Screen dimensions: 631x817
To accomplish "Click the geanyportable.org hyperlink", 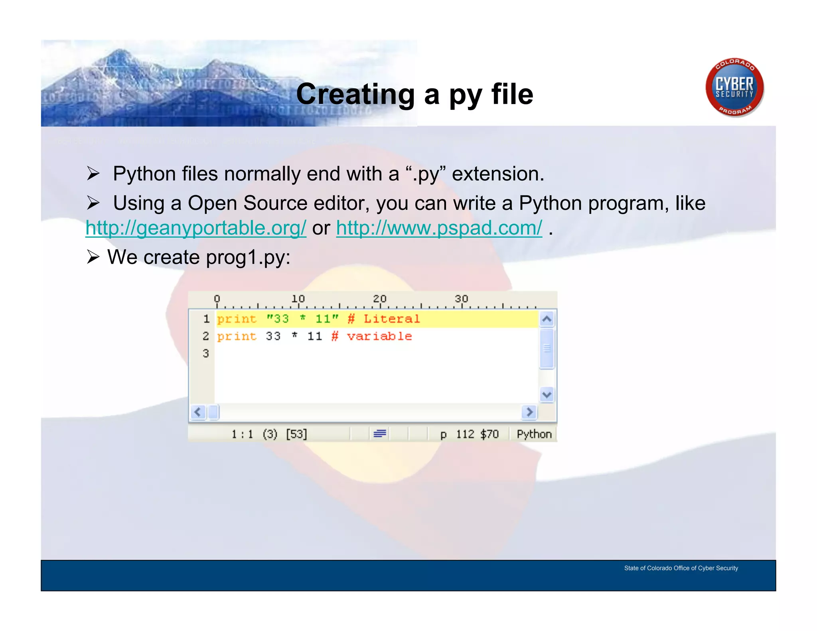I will click(x=195, y=229).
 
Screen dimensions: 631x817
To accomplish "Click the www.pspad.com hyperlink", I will click(x=439, y=229).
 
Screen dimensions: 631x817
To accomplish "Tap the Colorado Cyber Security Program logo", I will click(x=734, y=88).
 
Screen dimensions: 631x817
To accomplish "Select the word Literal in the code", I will click(x=391, y=319).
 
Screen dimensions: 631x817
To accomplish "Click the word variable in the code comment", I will click(x=379, y=336).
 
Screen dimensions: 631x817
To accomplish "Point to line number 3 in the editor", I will click(x=205, y=353).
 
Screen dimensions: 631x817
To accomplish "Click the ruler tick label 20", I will click(x=379, y=299).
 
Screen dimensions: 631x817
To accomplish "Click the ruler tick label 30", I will click(x=461, y=299).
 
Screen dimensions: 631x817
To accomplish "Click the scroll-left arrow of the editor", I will click(x=198, y=412).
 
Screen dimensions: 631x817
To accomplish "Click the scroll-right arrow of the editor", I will click(x=529, y=412).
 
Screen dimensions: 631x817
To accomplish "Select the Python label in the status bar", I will click(x=534, y=434).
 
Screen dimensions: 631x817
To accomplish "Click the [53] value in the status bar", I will click(x=296, y=434).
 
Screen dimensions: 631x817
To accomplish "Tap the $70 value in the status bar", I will click(x=489, y=434).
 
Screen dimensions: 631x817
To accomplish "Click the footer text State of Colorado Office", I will click(x=681, y=568).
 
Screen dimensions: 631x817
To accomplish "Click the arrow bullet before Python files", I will click(x=93, y=174).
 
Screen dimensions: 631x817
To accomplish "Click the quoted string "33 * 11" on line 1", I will click(x=302, y=319).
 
